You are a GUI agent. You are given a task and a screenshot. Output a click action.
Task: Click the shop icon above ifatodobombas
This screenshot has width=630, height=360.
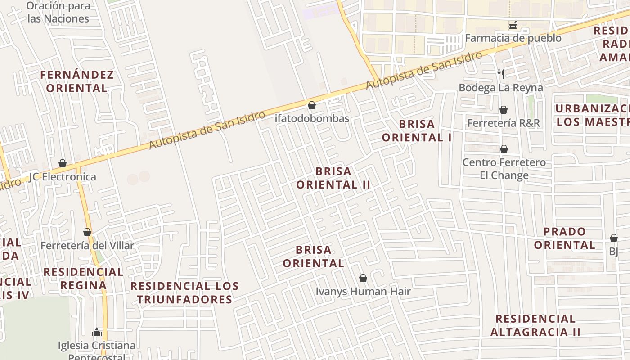coord(311,106)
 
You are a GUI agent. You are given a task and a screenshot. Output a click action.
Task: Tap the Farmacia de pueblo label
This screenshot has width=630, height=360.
coord(513,38)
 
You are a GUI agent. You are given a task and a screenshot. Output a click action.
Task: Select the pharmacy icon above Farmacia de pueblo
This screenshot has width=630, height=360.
coord(513,25)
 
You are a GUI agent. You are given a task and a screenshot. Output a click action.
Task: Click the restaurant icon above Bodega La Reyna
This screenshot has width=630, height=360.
coord(501,74)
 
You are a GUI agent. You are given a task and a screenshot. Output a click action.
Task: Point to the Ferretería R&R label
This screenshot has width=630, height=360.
coord(504,123)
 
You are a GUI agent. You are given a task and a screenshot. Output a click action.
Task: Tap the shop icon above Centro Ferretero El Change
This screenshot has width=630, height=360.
coord(504,149)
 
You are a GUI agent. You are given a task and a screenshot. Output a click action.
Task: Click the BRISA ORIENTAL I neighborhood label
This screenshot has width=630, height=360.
coord(417,130)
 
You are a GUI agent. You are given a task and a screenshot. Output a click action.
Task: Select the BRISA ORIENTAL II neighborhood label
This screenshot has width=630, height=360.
coord(333,178)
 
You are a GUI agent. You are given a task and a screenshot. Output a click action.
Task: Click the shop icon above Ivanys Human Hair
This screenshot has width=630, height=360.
coord(363,279)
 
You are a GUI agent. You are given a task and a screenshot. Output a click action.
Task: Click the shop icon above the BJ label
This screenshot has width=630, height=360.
coord(614,238)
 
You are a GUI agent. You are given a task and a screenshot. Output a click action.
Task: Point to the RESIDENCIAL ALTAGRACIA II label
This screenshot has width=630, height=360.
coord(535,325)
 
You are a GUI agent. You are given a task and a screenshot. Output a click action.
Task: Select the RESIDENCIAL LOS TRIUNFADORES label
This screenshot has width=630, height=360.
coord(184,292)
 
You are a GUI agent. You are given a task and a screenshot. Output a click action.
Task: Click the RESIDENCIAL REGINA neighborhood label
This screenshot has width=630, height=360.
coord(83,279)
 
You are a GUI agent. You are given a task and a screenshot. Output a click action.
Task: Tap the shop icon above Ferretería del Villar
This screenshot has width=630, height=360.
coord(87,233)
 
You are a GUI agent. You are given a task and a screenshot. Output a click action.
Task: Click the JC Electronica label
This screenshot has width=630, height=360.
coord(63,177)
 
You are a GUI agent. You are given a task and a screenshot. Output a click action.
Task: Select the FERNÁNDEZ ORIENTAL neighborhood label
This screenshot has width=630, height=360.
coord(77,81)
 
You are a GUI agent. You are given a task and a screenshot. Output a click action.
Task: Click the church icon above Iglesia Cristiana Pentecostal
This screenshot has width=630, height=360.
coord(96,333)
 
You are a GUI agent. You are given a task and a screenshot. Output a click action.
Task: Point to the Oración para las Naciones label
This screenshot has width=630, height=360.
coord(58,12)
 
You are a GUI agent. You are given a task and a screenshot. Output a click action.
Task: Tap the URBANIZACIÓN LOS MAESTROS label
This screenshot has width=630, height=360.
coord(592,115)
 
